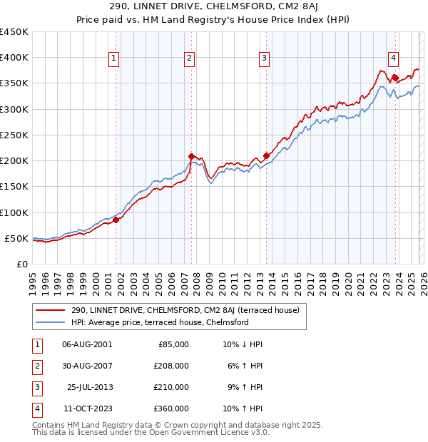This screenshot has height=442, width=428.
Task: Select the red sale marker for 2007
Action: click(191, 156)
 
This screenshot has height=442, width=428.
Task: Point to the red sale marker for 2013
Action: click(266, 155)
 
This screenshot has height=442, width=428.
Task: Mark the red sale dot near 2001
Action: click(116, 220)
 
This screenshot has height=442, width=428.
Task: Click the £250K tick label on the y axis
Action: click(14, 135)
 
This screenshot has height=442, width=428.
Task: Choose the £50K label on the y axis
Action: click(16, 238)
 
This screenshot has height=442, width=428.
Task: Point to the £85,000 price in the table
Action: click(173, 344)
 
